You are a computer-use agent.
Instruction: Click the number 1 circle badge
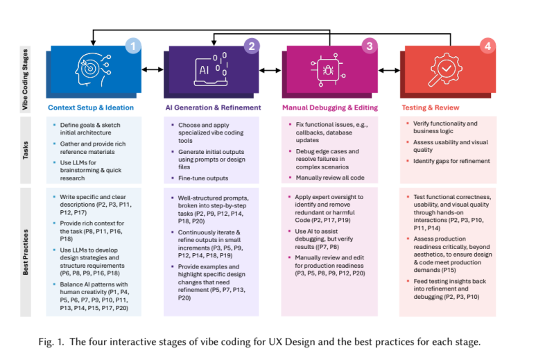point(132,46)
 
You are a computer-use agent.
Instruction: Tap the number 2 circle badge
point(252,46)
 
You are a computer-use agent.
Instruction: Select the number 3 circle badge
point(370,46)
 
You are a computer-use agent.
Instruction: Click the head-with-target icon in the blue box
point(93,69)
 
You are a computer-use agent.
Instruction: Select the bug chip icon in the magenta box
point(330,69)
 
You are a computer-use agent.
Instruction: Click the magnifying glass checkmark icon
point(447,69)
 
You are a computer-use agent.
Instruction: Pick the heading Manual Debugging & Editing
point(329,108)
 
